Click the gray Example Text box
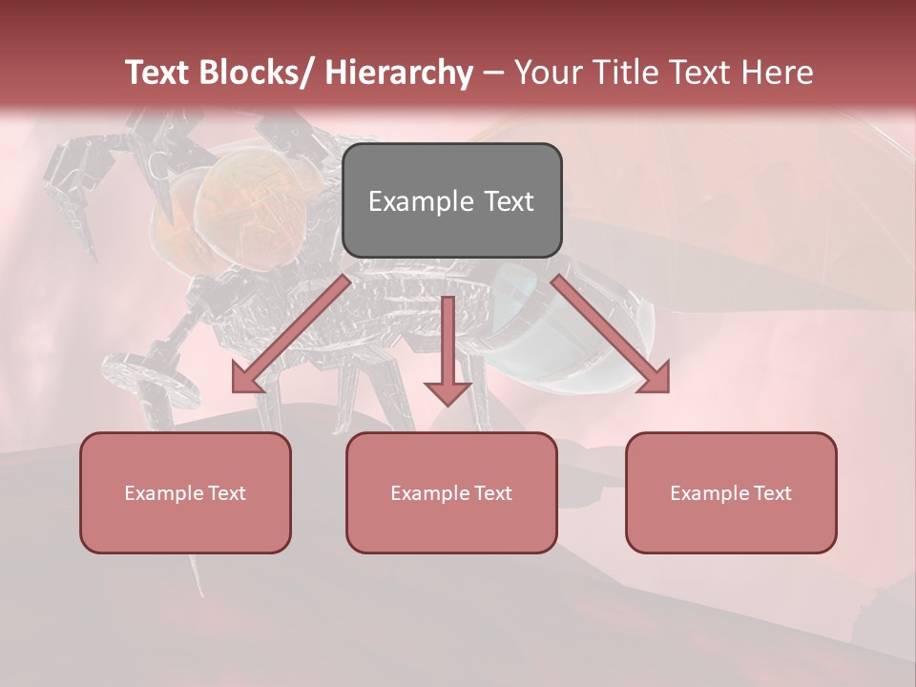pyautogui.click(x=451, y=200)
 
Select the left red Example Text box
pyautogui.click(x=185, y=492)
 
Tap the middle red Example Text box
pyautogui.click(x=451, y=492)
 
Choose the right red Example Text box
pyautogui.click(x=731, y=492)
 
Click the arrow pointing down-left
pyautogui.click(x=291, y=334)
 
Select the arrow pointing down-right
pyautogui.click(x=611, y=334)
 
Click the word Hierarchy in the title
pyautogui.click(x=398, y=73)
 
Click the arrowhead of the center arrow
pyautogui.click(x=448, y=391)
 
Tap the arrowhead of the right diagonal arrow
pyautogui.click(x=655, y=378)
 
